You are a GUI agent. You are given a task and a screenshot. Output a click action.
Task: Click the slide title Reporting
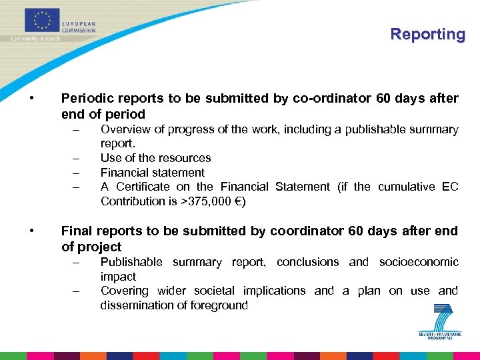427,34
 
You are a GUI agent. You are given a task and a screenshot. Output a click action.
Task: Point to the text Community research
35,39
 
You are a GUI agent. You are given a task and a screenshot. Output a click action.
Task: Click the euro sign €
237,201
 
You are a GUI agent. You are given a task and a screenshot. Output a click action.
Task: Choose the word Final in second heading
77,231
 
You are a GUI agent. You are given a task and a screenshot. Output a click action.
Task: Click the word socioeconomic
419,262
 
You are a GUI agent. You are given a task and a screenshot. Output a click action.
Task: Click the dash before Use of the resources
77,159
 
